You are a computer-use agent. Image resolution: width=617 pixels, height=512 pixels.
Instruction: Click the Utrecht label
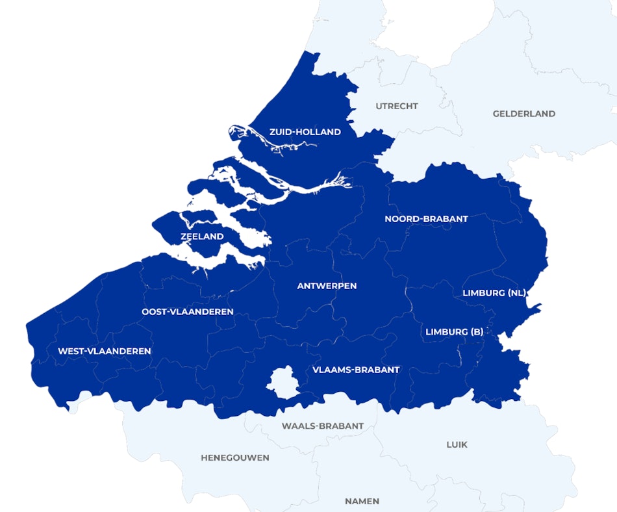pos(397,106)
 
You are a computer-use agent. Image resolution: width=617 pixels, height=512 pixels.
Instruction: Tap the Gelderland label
pos(524,114)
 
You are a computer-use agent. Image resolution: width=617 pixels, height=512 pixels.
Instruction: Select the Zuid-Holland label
pos(305,132)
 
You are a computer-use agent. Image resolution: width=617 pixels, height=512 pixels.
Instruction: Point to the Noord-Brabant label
pos(426,219)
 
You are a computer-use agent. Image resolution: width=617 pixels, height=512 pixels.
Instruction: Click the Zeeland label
pos(202,237)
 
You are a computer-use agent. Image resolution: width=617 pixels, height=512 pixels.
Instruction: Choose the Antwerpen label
pos(327,286)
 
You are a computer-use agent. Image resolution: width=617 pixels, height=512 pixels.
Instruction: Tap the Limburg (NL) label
pos(494,293)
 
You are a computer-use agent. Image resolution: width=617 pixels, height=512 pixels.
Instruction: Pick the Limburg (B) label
pos(455,332)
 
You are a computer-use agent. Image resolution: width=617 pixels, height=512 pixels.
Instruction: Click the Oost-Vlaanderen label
pos(188,312)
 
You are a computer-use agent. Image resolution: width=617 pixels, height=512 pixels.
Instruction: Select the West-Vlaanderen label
pos(105,352)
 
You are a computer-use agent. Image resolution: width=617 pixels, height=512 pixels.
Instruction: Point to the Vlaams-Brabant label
pos(356,370)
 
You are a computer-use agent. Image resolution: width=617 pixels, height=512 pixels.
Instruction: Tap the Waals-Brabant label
pos(323,426)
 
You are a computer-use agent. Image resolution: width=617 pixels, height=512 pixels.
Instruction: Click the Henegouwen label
pos(235,457)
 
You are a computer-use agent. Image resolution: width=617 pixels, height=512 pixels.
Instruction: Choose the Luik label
pos(457,444)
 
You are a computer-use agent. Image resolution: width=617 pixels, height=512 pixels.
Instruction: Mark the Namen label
pos(362,501)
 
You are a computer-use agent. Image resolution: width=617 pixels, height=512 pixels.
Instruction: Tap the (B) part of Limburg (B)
pos(476,332)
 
